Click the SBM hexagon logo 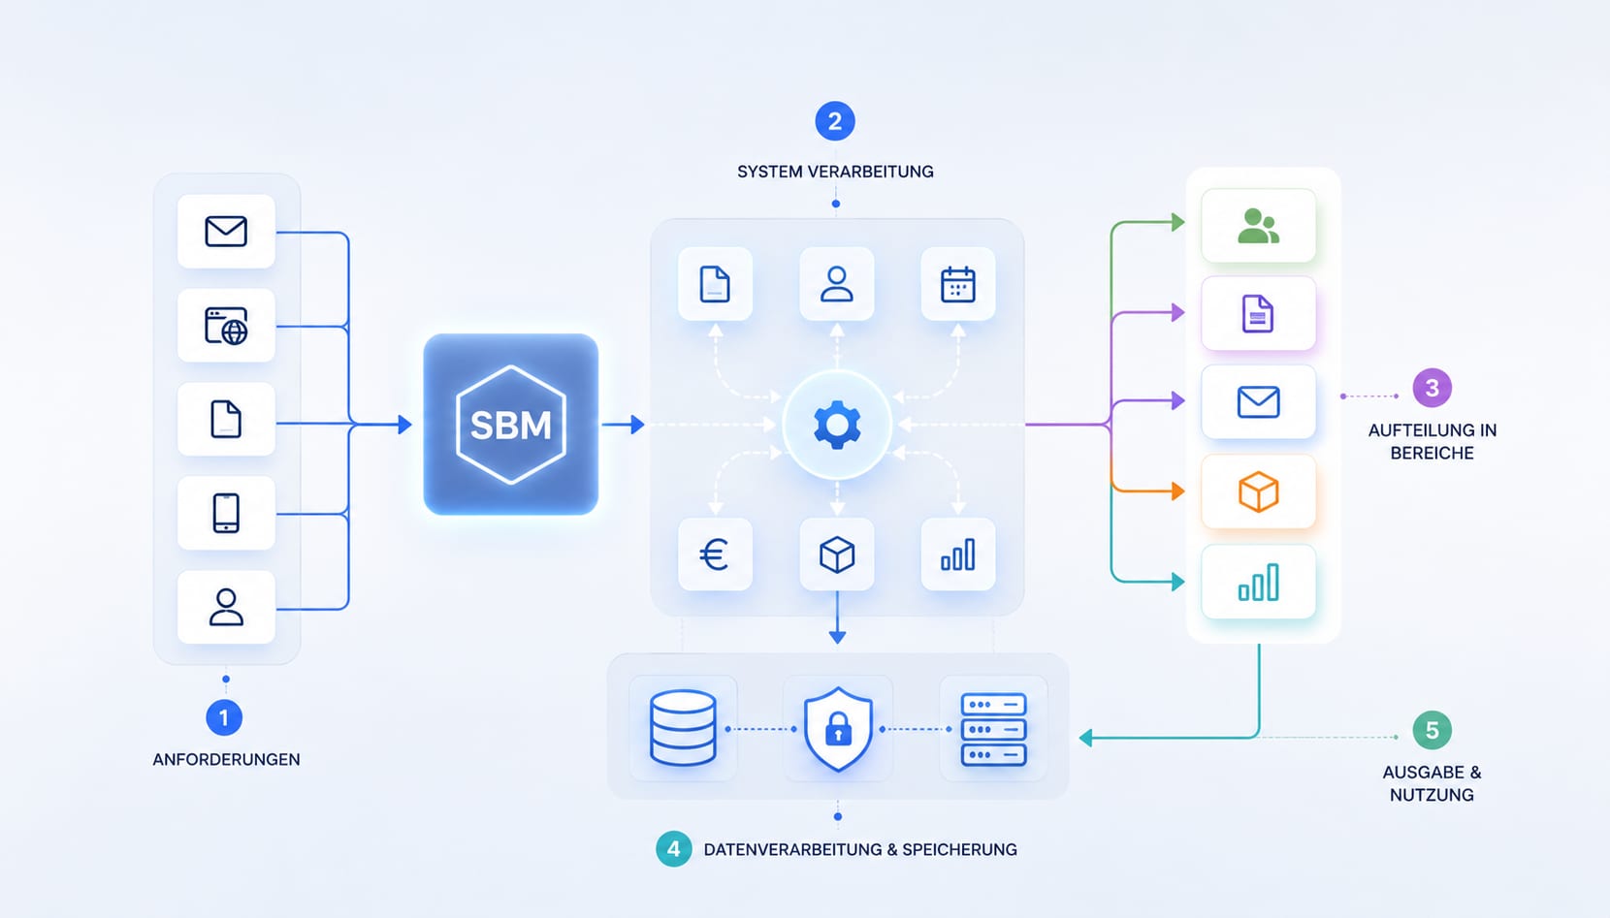tap(511, 425)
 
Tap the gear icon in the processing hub tap(837, 426)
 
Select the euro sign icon tap(715, 554)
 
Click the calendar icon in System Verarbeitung tap(958, 284)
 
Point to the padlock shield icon tap(838, 729)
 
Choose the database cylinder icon tap(683, 728)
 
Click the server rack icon tap(993, 729)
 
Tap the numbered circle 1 tap(224, 717)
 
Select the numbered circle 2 tap(835, 121)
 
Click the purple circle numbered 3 tap(1433, 388)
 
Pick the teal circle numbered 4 tap(673, 849)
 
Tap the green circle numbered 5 tap(1433, 731)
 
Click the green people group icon tap(1259, 226)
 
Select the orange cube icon tap(1259, 492)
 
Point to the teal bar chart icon tap(1259, 582)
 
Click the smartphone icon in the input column tap(226, 513)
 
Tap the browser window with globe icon tap(226, 326)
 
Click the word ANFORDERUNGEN tap(226, 759)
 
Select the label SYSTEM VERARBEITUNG tap(835, 172)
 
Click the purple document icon tap(1258, 314)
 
